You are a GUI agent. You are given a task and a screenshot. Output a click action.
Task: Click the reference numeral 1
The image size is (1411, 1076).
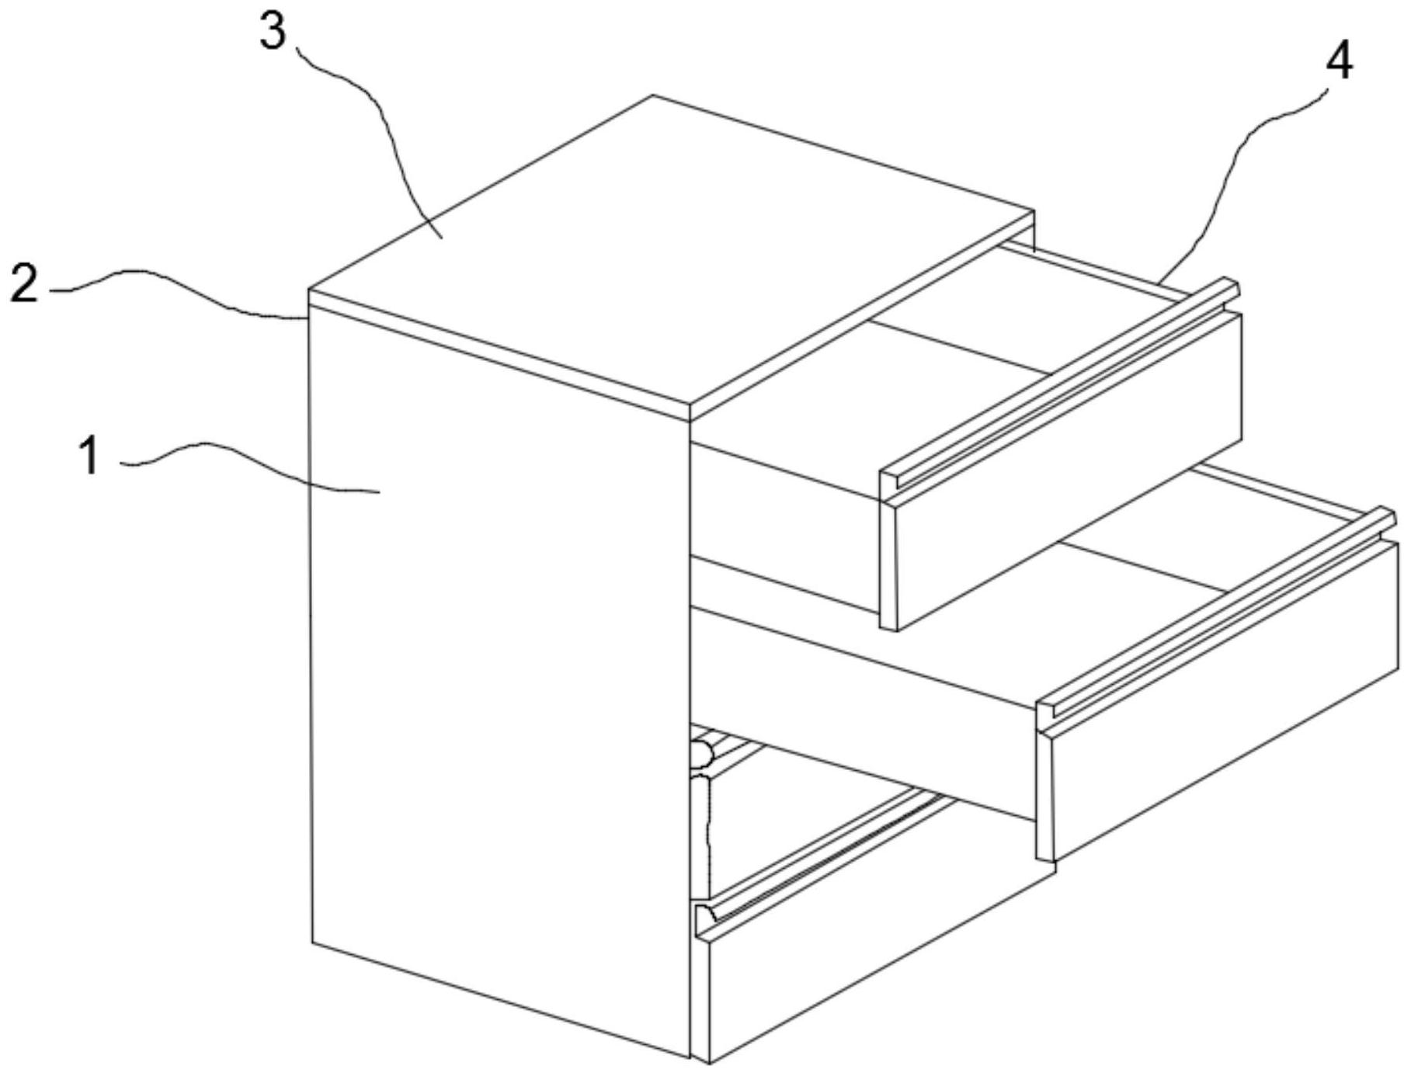coord(90,456)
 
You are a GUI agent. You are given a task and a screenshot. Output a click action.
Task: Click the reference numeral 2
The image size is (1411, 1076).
coord(25,284)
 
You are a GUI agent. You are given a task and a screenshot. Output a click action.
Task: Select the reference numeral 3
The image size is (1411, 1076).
coord(273,33)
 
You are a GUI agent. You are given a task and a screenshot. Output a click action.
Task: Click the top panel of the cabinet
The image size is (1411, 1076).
coord(672,248)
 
